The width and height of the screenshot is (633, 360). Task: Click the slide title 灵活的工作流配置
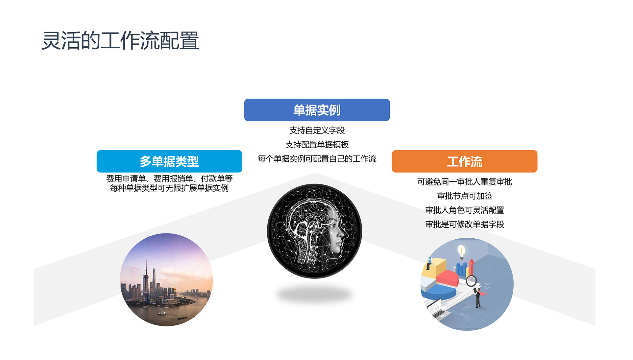(120, 41)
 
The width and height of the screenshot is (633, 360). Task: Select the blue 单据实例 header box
(317, 110)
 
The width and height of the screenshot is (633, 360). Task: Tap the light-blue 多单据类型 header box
(169, 161)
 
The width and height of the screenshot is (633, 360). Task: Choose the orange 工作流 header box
(465, 161)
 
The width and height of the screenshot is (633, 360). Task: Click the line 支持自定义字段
(317, 130)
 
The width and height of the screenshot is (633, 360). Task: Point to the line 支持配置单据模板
(317, 144)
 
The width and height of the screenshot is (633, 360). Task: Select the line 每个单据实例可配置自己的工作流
(317, 159)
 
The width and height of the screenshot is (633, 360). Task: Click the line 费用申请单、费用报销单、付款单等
(169, 179)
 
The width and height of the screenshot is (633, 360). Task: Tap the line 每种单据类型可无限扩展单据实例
(169, 188)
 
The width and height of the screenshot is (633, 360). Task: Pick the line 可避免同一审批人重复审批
(465, 182)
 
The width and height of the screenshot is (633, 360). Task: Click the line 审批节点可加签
(465, 196)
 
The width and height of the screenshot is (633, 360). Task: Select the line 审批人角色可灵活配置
(465, 210)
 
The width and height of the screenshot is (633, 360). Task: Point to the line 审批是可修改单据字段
(465, 224)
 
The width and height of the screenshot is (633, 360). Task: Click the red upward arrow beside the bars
(471, 267)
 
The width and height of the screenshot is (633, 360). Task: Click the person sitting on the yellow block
(429, 263)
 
